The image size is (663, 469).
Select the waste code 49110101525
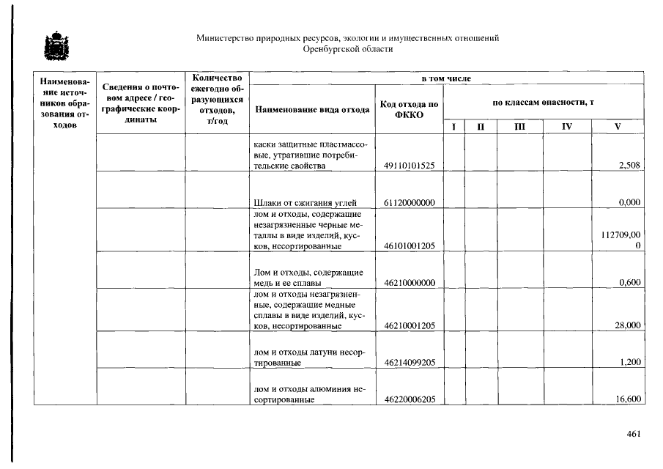pos(410,166)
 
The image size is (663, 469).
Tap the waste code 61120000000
pos(410,202)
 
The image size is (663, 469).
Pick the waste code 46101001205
pos(410,246)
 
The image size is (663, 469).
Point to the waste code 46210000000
pos(410,283)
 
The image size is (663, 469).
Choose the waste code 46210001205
pos(410,325)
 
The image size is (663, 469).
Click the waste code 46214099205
pos(410,363)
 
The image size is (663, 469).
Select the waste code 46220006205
pos(410,399)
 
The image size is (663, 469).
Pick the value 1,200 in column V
pos(630,363)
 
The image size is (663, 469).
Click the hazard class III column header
pos(519,127)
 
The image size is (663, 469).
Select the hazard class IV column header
pos(566,127)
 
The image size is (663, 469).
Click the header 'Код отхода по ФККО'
pos(410,110)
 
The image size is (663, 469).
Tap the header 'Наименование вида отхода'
pos(312,110)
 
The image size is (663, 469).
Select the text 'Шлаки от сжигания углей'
pos(305,202)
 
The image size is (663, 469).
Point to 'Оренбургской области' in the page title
pos(348,49)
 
